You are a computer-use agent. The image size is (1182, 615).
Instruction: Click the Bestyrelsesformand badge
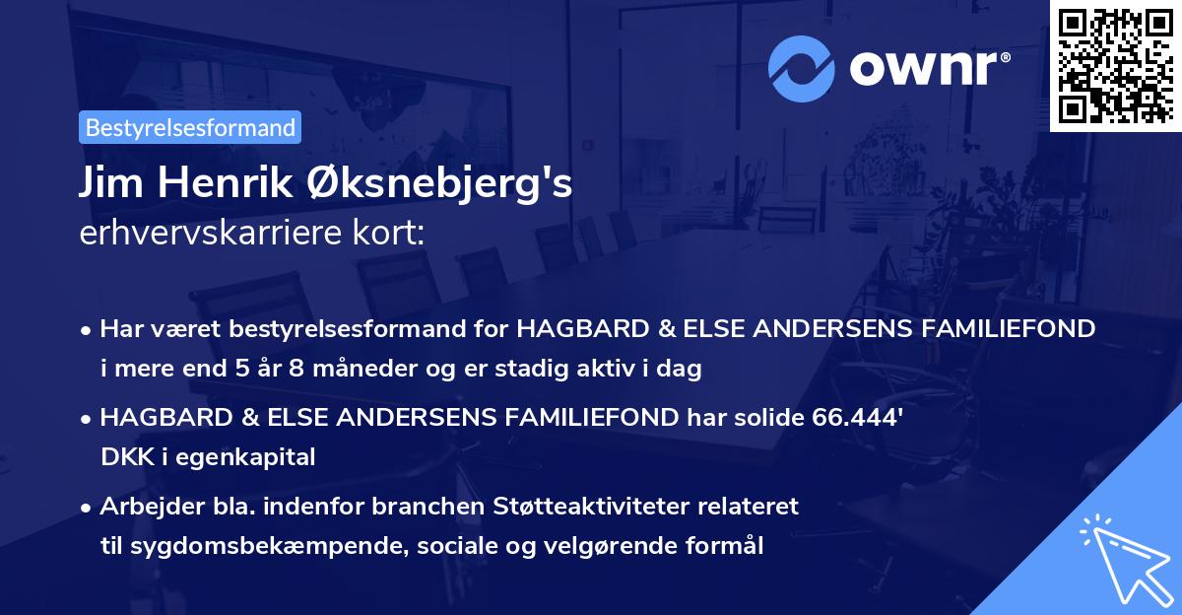tap(190, 127)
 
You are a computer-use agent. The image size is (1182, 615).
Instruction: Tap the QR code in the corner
tap(1115, 65)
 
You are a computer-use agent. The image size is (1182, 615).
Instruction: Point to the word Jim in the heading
tap(108, 184)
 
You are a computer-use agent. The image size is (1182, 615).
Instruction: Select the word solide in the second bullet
tap(766, 418)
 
